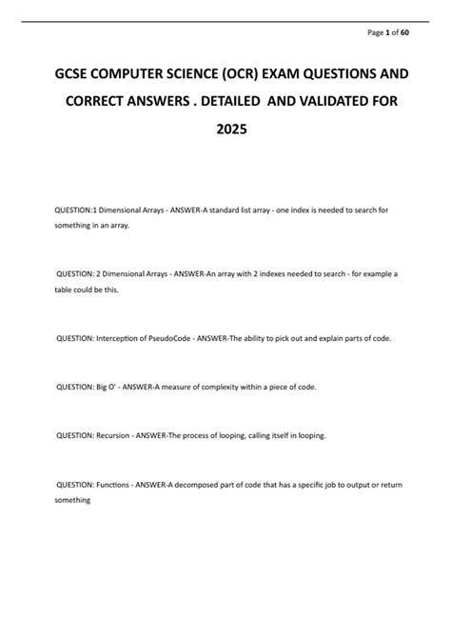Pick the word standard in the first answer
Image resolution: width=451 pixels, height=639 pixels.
pyautogui.click(x=241, y=208)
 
